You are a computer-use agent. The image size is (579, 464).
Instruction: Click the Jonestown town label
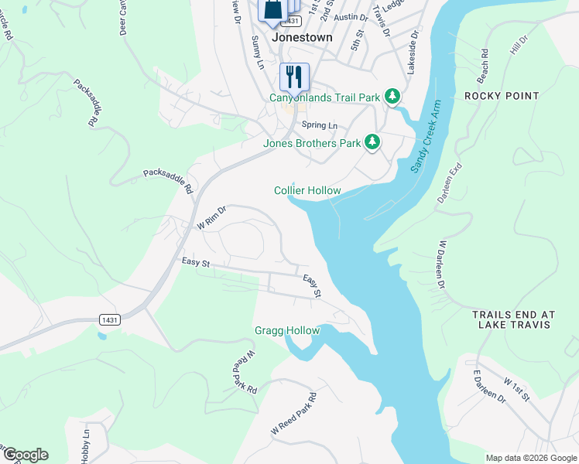tap(302, 37)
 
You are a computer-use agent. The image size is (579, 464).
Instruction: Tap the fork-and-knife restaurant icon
tap(294, 77)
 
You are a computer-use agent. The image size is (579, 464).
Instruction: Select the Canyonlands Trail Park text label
tap(324, 97)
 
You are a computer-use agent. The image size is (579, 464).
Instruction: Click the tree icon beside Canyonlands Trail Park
tap(393, 96)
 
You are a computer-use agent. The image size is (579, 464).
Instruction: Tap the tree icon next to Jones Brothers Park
tap(372, 142)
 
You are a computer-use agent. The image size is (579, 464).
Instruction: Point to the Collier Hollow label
tap(307, 190)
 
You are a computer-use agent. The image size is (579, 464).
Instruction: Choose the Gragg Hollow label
tap(287, 331)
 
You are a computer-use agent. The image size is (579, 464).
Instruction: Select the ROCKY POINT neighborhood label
tap(502, 96)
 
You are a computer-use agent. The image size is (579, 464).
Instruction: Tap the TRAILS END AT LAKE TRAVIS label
tap(514, 320)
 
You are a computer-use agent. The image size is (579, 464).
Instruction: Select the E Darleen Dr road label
tap(489, 387)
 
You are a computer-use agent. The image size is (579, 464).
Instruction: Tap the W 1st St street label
tap(516, 390)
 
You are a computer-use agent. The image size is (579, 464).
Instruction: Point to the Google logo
tap(26, 455)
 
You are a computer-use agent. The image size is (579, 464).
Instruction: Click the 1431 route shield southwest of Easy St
tap(110, 319)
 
